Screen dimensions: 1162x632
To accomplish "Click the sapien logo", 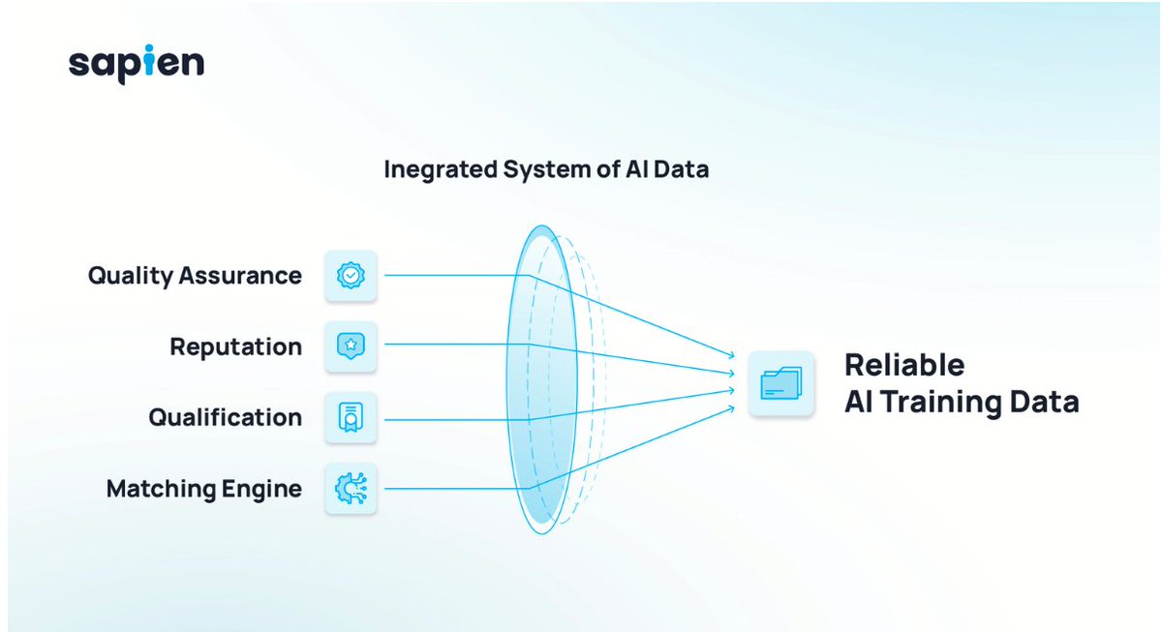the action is point(137,64).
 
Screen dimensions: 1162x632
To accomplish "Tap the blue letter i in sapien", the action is point(149,60).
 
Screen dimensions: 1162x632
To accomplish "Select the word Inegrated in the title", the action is point(441,170).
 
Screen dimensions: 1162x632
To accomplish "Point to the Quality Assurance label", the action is point(195,276).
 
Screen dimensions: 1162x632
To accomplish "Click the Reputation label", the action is point(236,346).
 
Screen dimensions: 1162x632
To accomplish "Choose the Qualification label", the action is point(225,417).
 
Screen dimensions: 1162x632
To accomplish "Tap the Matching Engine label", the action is point(204,489).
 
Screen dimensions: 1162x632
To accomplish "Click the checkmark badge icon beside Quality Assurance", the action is point(351,275).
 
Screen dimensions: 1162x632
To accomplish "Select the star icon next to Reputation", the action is point(351,346).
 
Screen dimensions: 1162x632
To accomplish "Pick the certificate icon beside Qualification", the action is point(351,417).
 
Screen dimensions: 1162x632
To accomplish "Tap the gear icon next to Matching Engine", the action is point(351,489).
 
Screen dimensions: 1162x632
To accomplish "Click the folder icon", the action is point(781,383).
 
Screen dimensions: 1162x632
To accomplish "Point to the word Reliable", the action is point(904,365).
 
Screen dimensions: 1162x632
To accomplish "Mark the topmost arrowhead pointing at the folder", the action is point(731,355).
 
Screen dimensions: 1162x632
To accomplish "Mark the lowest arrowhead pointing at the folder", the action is point(731,408).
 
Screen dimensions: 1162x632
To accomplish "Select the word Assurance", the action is point(240,276).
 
